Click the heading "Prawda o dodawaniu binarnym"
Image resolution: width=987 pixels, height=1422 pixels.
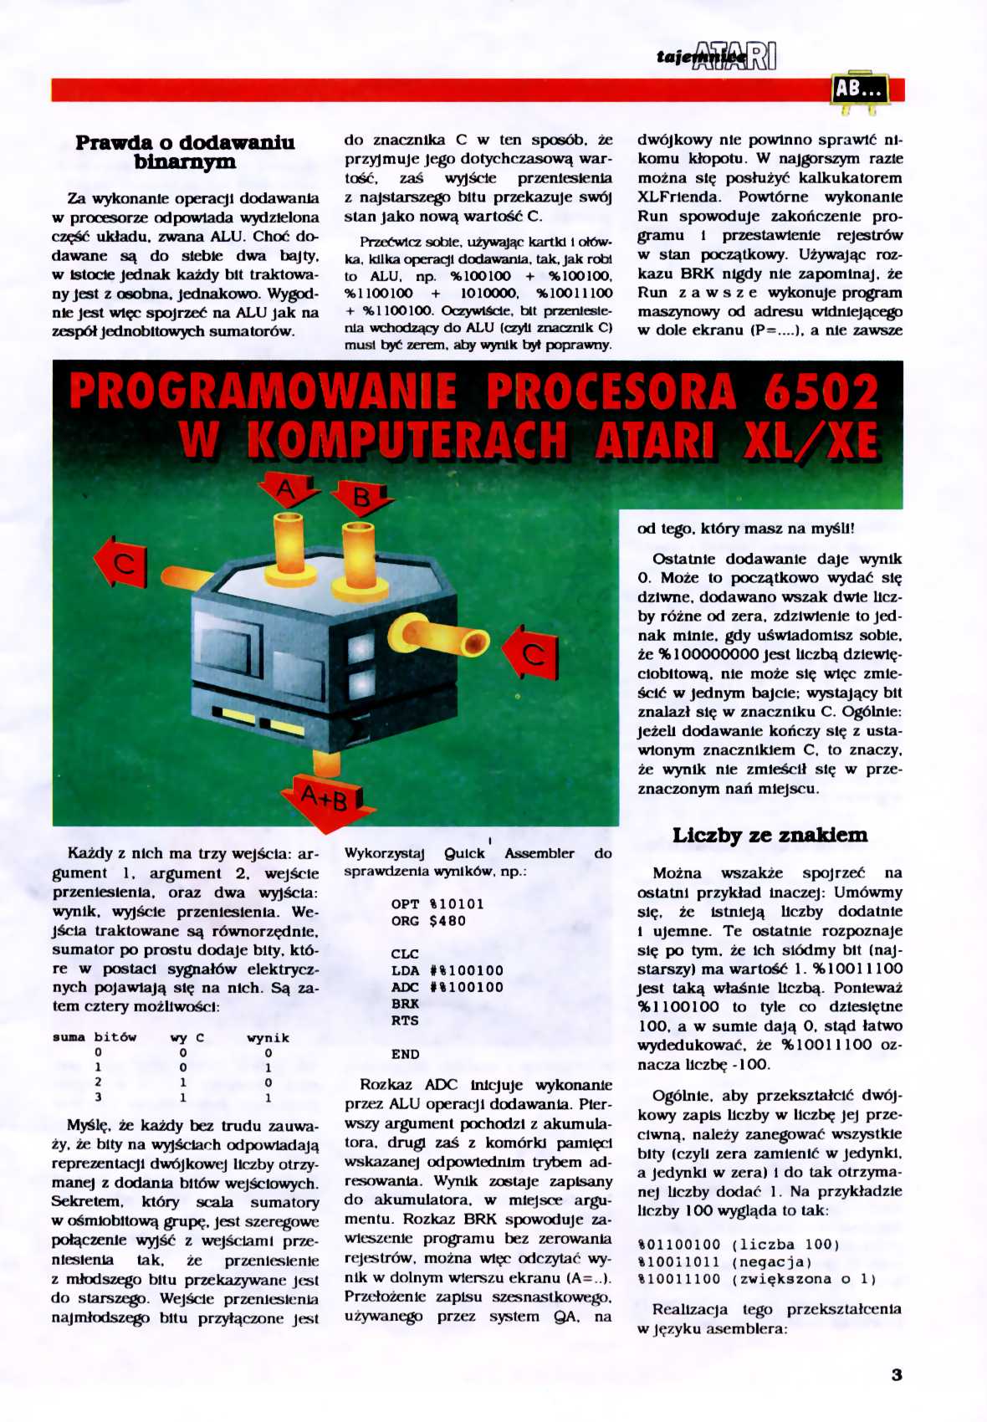pyautogui.click(x=185, y=152)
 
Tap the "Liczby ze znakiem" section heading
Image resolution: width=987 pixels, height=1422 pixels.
pyautogui.click(x=770, y=835)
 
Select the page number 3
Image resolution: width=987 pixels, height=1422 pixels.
pyautogui.click(x=896, y=1374)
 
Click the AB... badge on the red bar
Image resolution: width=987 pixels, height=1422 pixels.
pyautogui.click(x=859, y=88)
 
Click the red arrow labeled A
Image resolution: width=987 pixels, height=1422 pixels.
pyautogui.click(x=287, y=489)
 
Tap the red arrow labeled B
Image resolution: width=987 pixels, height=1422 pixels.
pyautogui.click(x=362, y=499)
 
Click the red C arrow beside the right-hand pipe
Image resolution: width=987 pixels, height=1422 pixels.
pyautogui.click(x=533, y=653)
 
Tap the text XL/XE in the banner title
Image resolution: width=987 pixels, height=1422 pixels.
pyautogui.click(x=810, y=440)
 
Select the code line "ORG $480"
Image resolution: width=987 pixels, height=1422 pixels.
pyautogui.click(x=428, y=921)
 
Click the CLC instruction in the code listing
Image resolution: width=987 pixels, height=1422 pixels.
pyautogui.click(x=405, y=954)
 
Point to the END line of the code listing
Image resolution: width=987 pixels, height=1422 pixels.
pyautogui.click(x=405, y=1054)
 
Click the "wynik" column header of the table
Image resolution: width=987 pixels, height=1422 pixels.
pyautogui.click(x=268, y=1037)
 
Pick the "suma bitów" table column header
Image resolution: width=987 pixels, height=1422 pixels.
pyautogui.click(x=94, y=1037)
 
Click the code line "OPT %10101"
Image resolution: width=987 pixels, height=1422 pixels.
pyautogui.click(x=437, y=903)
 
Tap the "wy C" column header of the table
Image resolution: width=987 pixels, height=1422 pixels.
pyautogui.click(x=187, y=1037)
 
